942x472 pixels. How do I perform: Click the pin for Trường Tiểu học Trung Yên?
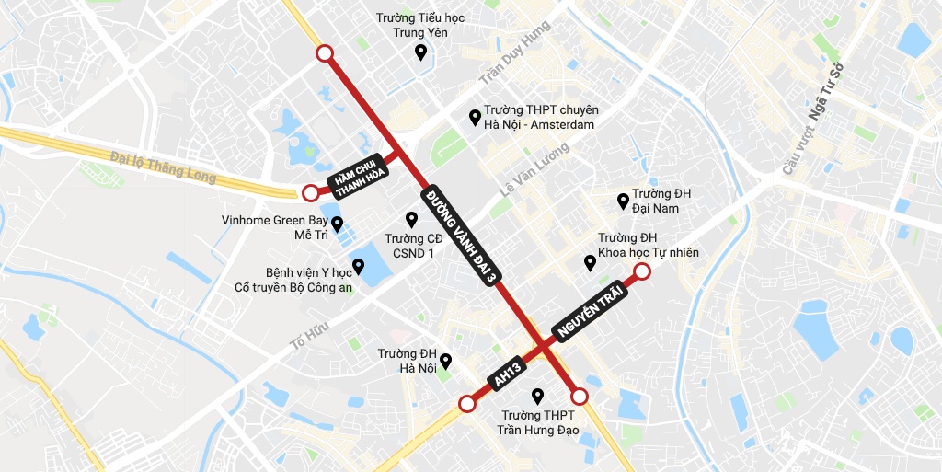point(420,52)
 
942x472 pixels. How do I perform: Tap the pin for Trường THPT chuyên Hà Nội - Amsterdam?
point(475,117)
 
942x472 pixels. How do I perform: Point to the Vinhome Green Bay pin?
point(337,224)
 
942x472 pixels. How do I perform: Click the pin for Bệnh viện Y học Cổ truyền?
point(358,267)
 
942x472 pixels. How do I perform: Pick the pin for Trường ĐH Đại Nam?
point(623,200)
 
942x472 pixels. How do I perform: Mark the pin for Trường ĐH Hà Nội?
point(445,360)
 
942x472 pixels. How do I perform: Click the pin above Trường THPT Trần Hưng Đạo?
point(538,397)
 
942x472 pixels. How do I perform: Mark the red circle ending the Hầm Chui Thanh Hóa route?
point(311,192)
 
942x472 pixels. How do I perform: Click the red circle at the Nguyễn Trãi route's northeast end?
point(642,271)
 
